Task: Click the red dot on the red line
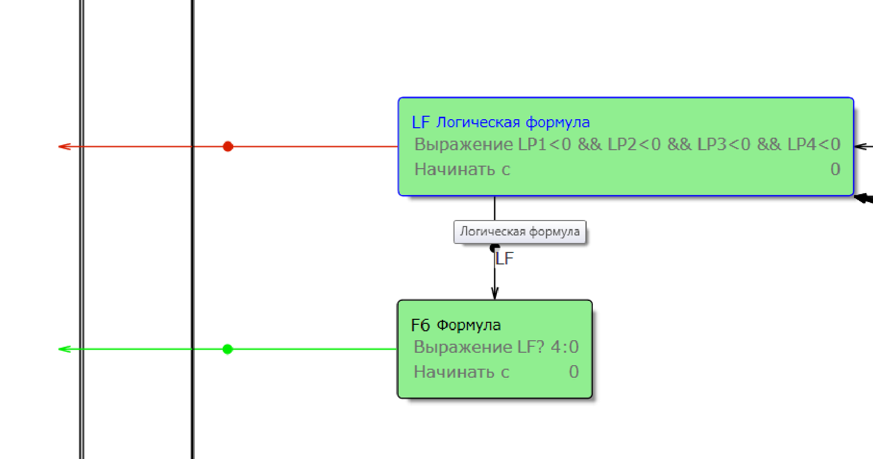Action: point(228,146)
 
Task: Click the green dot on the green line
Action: point(227,349)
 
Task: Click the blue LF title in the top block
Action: point(421,122)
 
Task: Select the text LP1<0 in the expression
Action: point(544,145)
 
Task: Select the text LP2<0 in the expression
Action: point(634,145)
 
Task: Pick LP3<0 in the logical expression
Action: point(724,145)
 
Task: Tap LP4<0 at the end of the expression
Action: point(814,145)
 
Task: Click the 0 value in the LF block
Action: point(835,169)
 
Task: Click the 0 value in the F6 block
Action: point(574,372)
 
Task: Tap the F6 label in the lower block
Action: point(420,325)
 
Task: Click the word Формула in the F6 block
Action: point(468,325)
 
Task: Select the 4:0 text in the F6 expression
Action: point(564,347)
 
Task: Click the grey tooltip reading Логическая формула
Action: point(519,232)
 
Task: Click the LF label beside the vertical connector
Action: point(504,258)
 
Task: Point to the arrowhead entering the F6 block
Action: point(494,294)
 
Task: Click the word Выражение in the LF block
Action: point(463,145)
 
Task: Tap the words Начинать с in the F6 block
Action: point(461,372)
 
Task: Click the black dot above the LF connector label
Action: point(494,247)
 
